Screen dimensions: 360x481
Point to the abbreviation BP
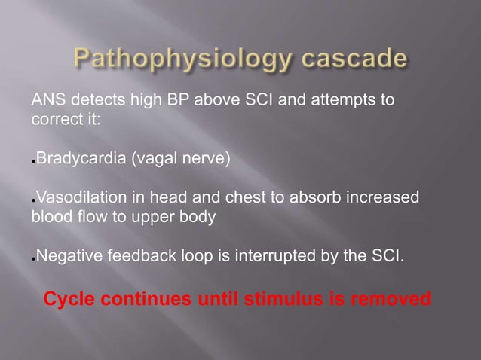click(179, 100)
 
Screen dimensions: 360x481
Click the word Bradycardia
click(82, 160)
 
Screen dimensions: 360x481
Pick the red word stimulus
click(281, 300)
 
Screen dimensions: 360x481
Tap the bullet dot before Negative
click(33, 261)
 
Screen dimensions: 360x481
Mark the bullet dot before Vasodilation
click(33, 202)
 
